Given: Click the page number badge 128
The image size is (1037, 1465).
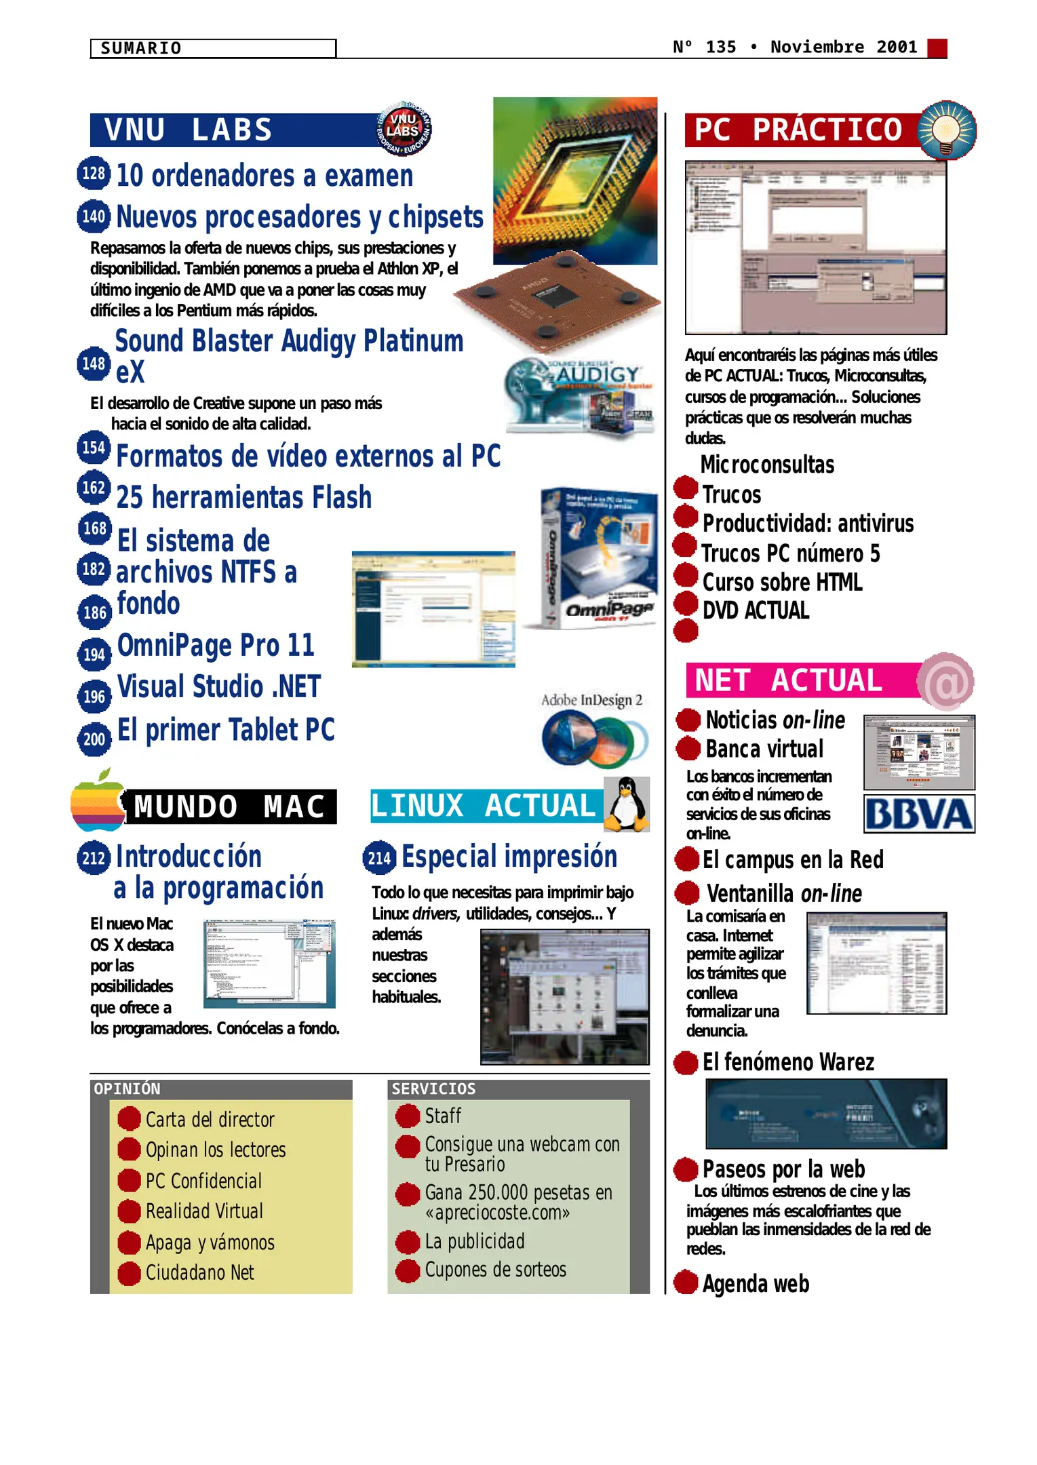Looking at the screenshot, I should tap(94, 174).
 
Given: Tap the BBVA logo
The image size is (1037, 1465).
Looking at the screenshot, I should tap(918, 815).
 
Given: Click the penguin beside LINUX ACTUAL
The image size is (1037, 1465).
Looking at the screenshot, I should tap(627, 805).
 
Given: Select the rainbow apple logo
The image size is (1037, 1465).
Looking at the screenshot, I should tap(98, 802).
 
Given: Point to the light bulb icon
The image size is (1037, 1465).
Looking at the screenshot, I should tap(947, 129).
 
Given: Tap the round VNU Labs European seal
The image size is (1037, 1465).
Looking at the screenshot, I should tap(404, 128).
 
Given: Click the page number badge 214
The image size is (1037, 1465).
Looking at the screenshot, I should tap(379, 858).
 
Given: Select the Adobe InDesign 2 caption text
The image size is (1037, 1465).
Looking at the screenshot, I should tap(591, 700).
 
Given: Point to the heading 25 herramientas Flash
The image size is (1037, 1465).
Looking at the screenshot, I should tap(244, 497).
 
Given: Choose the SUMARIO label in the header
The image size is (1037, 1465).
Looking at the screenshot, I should tap(141, 48).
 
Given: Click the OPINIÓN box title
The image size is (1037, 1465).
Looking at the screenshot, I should tap(128, 1089).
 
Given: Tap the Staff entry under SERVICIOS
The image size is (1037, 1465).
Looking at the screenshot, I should tap(443, 1116).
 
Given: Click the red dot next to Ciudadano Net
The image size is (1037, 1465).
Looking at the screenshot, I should tap(129, 1273).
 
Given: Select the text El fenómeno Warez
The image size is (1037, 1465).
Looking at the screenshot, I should tap(788, 1062).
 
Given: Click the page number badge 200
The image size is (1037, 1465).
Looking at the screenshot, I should tap(94, 739).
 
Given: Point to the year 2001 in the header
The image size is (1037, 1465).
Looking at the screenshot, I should tap(897, 47).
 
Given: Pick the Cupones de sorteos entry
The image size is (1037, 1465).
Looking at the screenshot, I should tap(495, 1270).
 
